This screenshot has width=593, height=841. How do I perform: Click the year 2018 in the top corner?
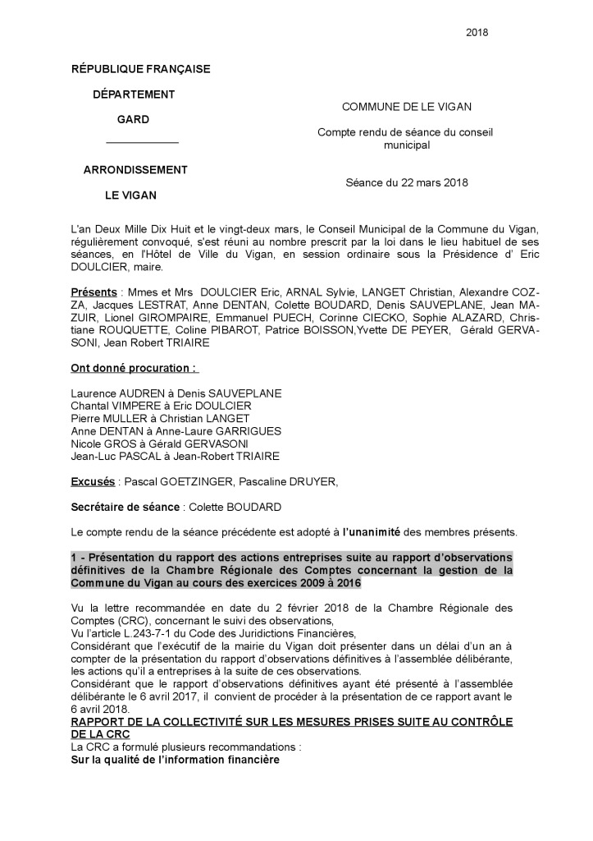tap(477, 32)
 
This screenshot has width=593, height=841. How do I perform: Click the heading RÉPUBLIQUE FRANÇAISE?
tap(141, 69)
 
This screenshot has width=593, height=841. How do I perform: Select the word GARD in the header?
tap(133, 119)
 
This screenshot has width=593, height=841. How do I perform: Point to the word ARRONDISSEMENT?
tap(135, 170)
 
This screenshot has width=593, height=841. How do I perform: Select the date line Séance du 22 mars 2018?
tap(406, 182)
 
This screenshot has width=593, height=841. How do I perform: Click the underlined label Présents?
tap(94, 292)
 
